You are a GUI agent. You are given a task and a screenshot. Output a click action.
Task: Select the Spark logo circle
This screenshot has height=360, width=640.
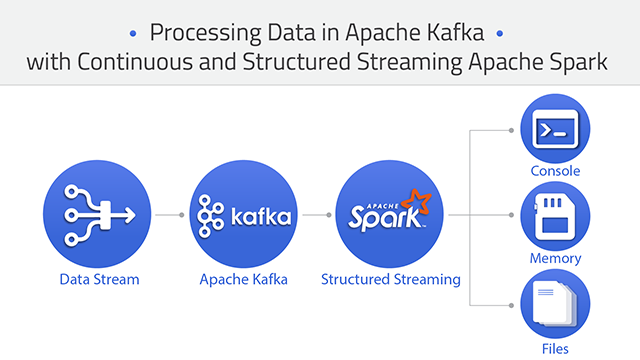pos(390,214)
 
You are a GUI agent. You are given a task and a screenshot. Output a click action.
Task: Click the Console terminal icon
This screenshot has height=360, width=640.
pos(554,131)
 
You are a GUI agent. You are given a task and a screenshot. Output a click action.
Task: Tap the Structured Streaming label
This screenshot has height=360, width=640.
pos(391,280)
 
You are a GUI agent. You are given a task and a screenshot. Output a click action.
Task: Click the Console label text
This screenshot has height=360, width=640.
pos(555,171)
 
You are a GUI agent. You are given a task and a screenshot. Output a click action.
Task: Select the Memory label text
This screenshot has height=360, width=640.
pos(555,258)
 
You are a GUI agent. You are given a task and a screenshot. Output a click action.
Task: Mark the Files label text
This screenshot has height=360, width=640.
pos(555,348)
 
